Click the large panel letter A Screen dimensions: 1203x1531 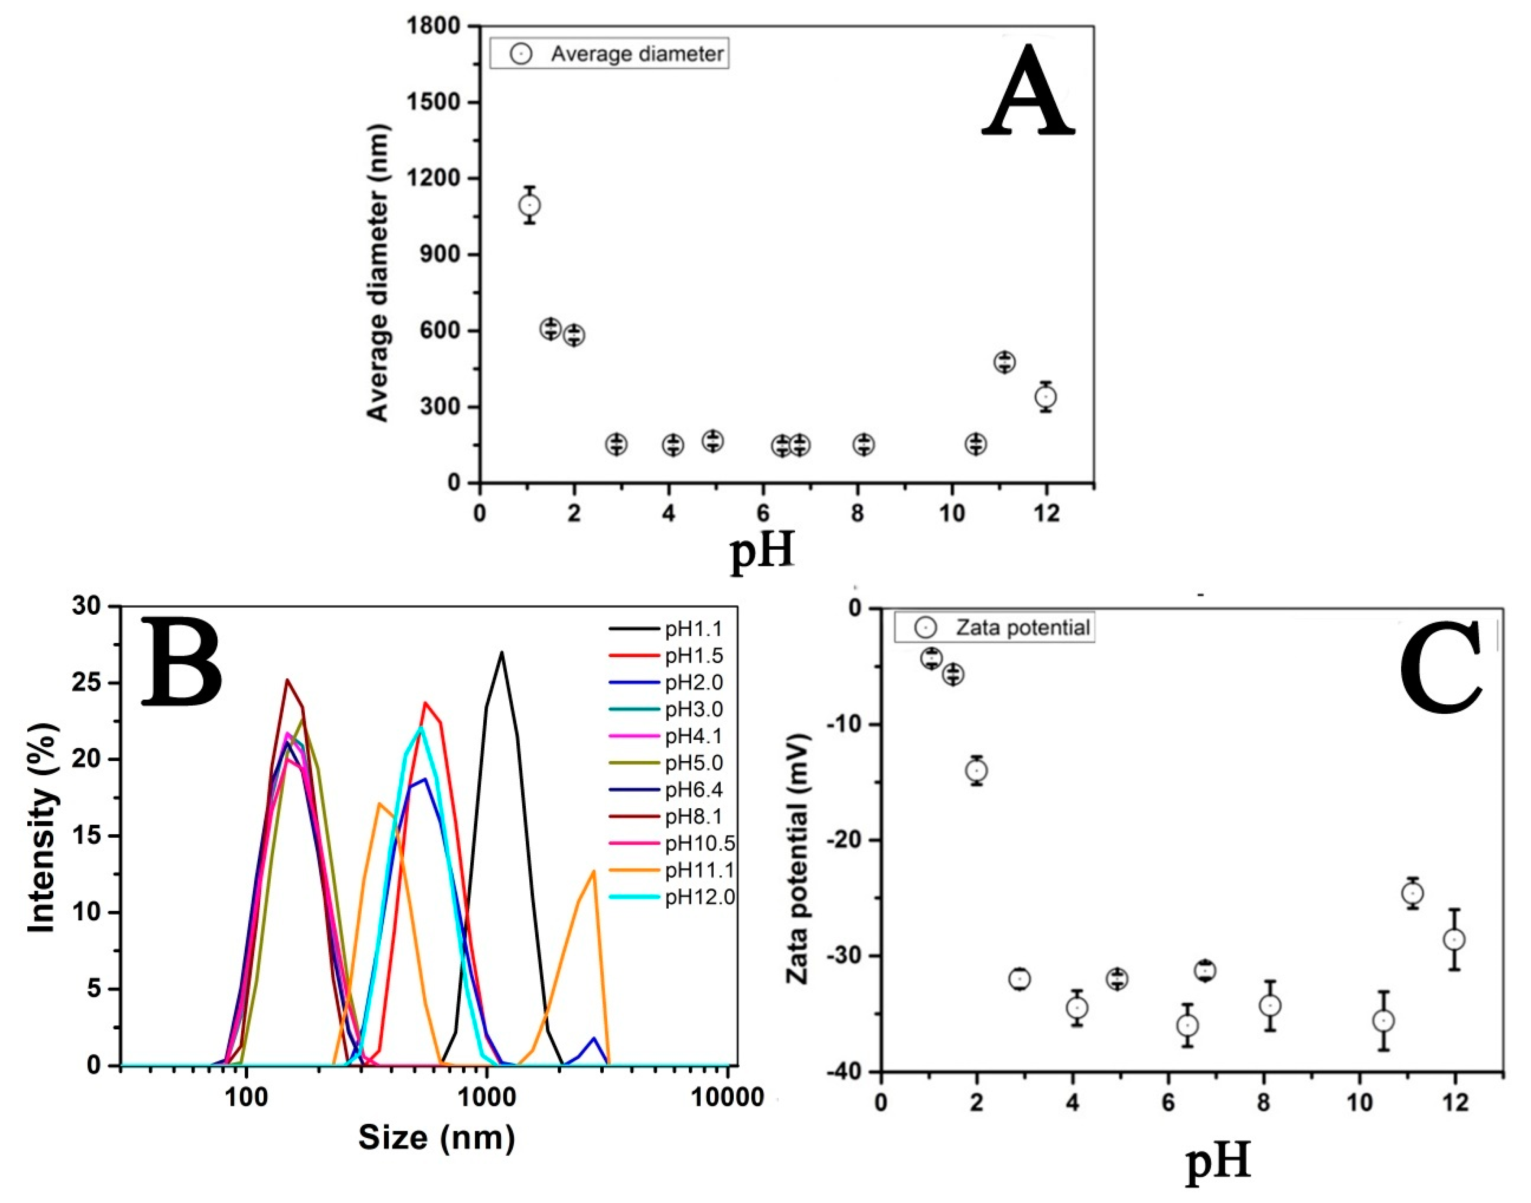click(x=1029, y=92)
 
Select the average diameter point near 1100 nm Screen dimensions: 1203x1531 click(x=529, y=205)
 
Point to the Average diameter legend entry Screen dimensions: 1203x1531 click(x=610, y=54)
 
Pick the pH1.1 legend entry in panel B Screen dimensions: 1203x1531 click(x=693, y=629)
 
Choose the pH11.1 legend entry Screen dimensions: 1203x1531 click(x=699, y=871)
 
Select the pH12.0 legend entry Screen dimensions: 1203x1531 click(x=699, y=897)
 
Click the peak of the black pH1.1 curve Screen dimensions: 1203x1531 click(x=501, y=652)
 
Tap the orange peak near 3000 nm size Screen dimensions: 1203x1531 click(x=594, y=871)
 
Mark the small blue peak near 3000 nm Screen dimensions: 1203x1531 click(x=594, y=1038)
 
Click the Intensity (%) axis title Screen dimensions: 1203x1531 click(x=42, y=828)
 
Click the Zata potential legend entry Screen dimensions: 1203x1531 click(x=994, y=628)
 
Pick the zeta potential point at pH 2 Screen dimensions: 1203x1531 click(x=976, y=771)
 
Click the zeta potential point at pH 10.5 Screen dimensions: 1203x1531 click(x=1384, y=1021)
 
